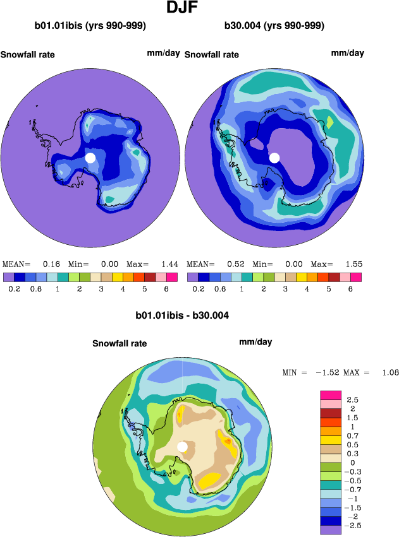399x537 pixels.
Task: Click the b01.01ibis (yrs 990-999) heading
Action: tap(90, 26)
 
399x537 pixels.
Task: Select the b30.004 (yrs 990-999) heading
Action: tap(274, 26)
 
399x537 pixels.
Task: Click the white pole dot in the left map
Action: tap(90, 157)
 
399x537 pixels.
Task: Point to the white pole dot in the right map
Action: tap(274, 158)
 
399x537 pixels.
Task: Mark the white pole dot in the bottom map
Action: tap(183, 447)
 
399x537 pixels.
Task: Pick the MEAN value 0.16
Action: tap(51, 264)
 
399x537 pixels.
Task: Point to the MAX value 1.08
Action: tap(390, 373)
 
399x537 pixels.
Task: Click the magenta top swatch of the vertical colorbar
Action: tap(333, 395)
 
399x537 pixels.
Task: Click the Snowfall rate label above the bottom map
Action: tap(120, 343)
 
